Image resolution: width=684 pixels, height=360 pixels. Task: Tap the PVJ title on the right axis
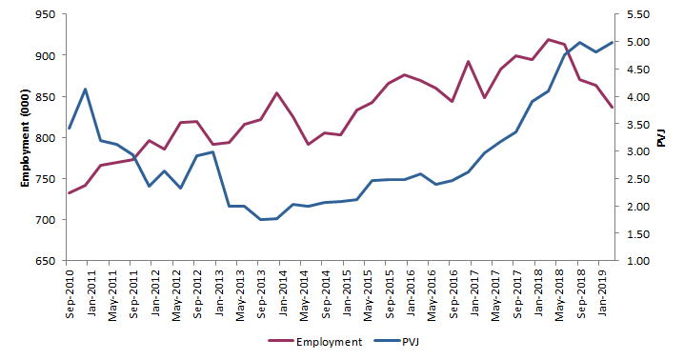[661, 138]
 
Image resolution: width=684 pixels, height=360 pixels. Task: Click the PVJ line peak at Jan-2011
[86, 90]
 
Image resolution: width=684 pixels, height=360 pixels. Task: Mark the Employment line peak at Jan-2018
[548, 40]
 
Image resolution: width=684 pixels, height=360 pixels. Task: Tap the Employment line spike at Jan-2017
[468, 62]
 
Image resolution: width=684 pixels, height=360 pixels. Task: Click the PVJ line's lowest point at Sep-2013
[260, 220]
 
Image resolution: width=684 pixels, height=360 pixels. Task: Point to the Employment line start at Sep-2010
[69, 193]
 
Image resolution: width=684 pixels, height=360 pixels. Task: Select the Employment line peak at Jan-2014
[276, 93]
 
